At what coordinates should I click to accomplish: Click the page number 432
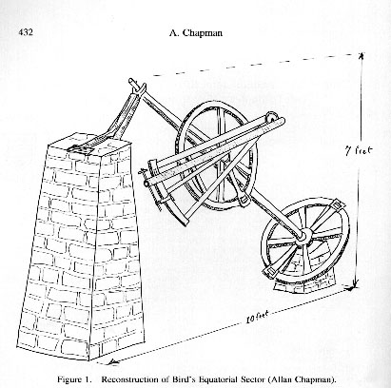pyautogui.click(x=26, y=32)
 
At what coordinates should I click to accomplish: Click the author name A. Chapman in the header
pyautogui.click(x=195, y=33)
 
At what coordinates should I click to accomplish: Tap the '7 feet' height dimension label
pyautogui.click(x=359, y=150)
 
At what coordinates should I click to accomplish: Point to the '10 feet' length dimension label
pyautogui.click(x=257, y=317)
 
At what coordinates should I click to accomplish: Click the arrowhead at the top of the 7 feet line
pyautogui.click(x=361, y=56)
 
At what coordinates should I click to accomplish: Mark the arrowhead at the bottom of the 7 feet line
pyautogui.click(x=355, y=286)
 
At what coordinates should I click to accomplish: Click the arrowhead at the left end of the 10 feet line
pyautogui.click(x=111, y=361)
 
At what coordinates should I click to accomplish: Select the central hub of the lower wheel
pyautogui.click(x=304, y=237)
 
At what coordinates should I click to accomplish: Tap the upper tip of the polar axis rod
pyautogui.click(x=131, y=81)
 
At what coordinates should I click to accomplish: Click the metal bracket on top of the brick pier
pyautogui.click(x=83, y=147)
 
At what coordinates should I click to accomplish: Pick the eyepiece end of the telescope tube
pyautogui.click(x=146, y=184)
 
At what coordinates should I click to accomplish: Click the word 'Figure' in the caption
pyautogui.click(x=68, y=379)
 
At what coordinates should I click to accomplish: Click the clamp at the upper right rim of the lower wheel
pyautogui.click(x=337, y=206)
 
